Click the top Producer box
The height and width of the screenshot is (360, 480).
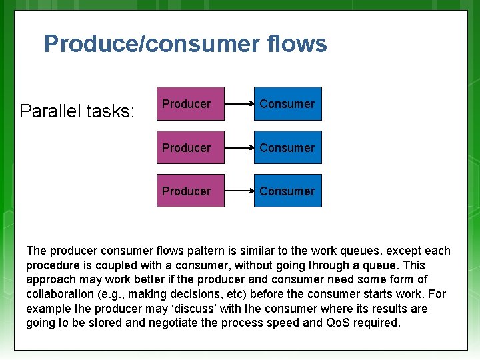[x=190, y=104]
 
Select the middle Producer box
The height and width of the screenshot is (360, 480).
[x=190, y=147]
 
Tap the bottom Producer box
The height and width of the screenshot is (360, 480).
[x=190, y=191]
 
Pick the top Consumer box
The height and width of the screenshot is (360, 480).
[x=287, y=104]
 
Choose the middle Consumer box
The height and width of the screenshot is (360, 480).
[x=287, y=147]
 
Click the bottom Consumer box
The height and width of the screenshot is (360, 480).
[x=287, y=191]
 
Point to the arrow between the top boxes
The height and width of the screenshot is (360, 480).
[x=239, y=104]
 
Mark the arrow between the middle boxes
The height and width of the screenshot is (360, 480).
[x=239, y=147]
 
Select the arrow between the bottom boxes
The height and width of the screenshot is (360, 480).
[x=239, y=191]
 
